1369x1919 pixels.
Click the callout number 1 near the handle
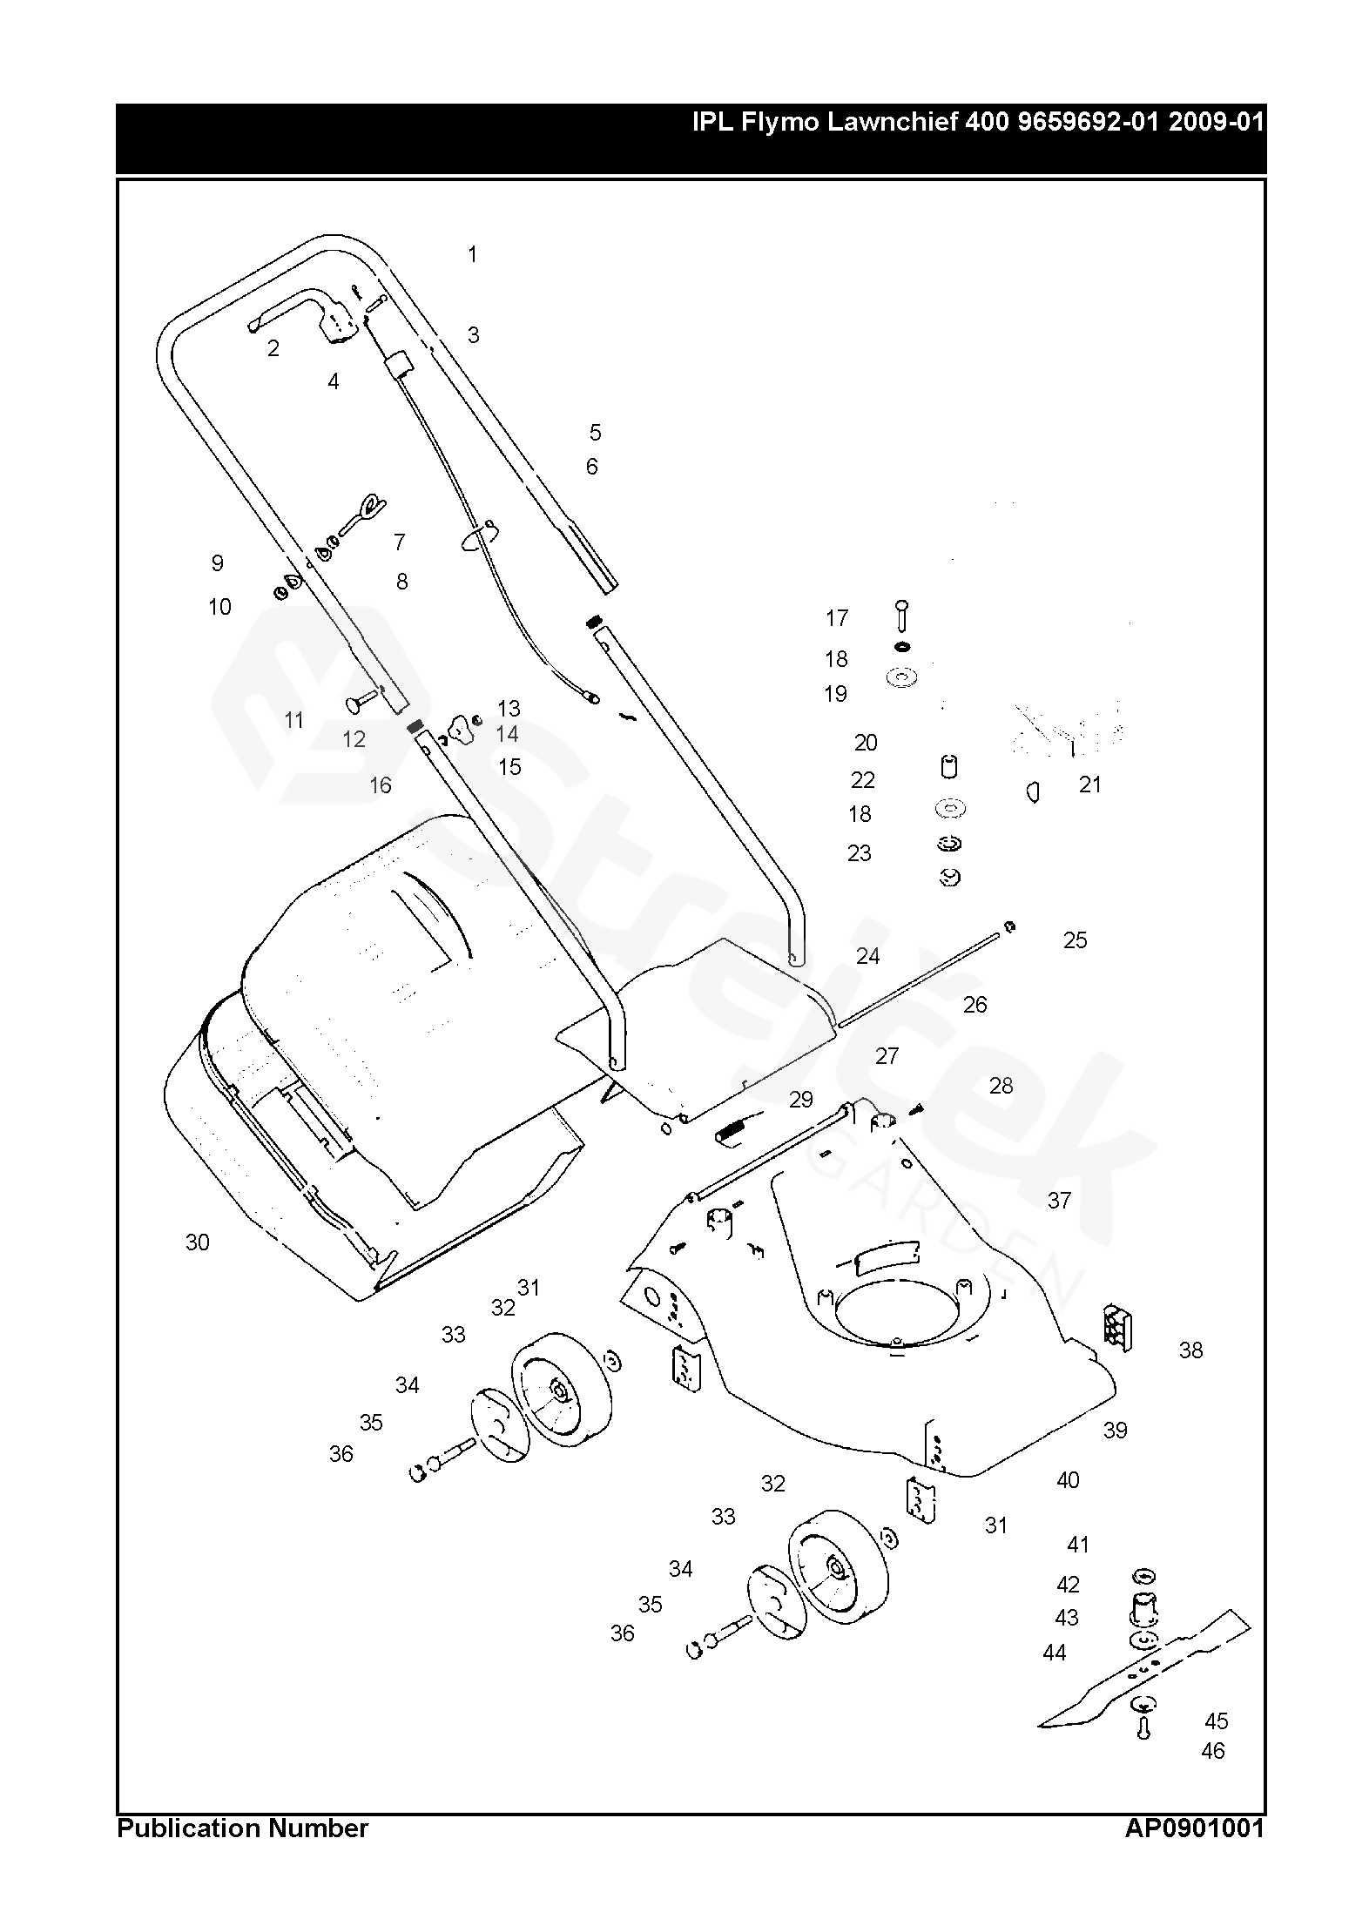tap(472, 255)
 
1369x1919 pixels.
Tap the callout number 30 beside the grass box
tap(198, 1242)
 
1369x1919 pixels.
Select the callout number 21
tap(1090, 784)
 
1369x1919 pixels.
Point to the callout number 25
tap(1076, 940)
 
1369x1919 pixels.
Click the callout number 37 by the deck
tap(1059, 1201)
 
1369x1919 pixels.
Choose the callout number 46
tap(1213, 1751)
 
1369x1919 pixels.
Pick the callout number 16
tap(381, 785)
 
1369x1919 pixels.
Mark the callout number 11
tap(294, 720)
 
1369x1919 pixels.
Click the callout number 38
tap(1190, 1350)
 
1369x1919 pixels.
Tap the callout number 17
tap(837, 618)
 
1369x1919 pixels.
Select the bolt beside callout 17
tap(902, 616)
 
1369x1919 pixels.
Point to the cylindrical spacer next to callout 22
tap(949, 766)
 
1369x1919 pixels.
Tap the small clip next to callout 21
tap(1033, 791)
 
